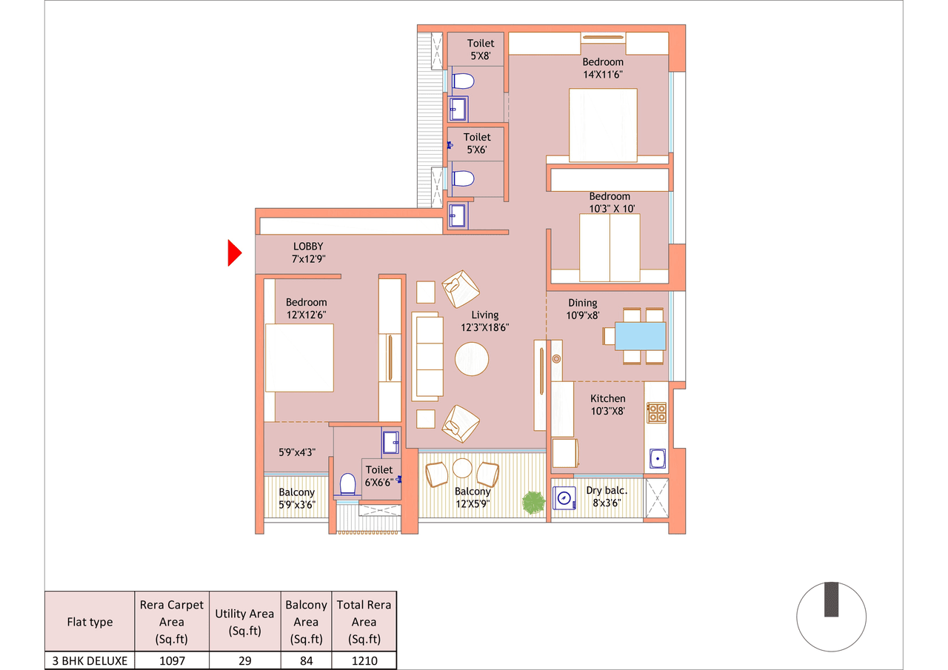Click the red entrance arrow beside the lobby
(x=234, y=253)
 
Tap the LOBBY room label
(x=308, y=247)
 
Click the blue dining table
(x=640, y=336)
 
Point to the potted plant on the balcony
(x=533, y=502)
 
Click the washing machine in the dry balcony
(x=565, y=499)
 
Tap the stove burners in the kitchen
(x=657, y=412)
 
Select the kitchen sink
(x=657, y=459)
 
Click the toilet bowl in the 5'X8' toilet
(x=462, y=80)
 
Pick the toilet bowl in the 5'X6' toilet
(x=462, y=178)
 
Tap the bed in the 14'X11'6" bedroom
(x=602, y=125)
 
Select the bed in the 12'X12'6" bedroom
(x=299, y=358)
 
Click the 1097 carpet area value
(x=172, y=660)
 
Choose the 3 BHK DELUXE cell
(x=90, y=660)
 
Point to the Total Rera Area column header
(x=364, y=622)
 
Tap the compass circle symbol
(x=831, y=617)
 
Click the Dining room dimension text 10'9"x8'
(x=584, y=315)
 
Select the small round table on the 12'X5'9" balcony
(x=462, y=468)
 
